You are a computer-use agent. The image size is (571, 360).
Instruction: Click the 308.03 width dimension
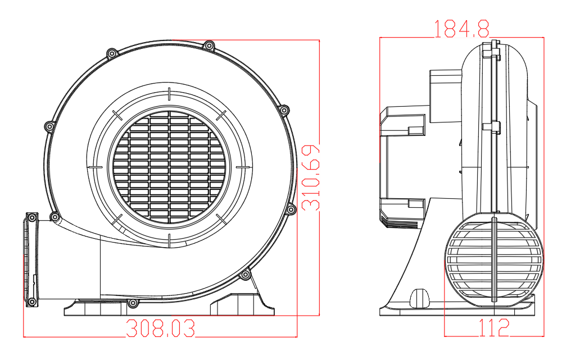point(160,329)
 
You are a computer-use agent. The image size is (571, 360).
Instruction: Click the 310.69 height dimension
point(311,177)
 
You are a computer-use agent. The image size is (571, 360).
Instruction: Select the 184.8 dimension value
point(461,29)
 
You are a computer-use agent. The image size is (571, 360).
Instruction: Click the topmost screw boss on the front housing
point(209,46)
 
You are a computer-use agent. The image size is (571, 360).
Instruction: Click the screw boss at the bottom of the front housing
point(133,303)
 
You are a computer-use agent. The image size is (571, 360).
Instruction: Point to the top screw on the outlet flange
point(32,218)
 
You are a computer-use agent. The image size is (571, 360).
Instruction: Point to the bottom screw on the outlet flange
point(32,302)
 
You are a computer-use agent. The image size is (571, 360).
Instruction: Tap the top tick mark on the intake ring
point(169,94)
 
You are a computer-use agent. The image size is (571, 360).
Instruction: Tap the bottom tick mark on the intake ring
point(169,240)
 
